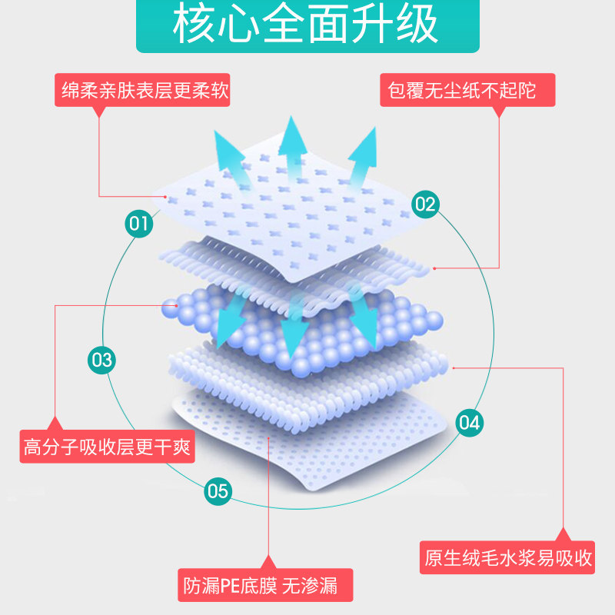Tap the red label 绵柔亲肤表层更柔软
(x=145, y=91)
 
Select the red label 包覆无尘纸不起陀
(x=468, y=91)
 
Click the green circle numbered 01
(x=139, y=224)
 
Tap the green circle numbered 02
(x=424, y=204)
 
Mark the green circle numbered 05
(x=218, y=490)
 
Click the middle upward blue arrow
(x=293, y=146)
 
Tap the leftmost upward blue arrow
(x=231, y=158)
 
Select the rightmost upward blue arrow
(x=362, y=158)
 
